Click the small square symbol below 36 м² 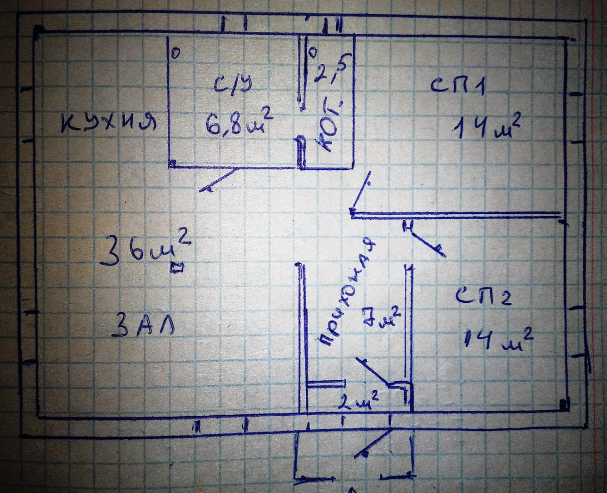[x=177, y=268]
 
